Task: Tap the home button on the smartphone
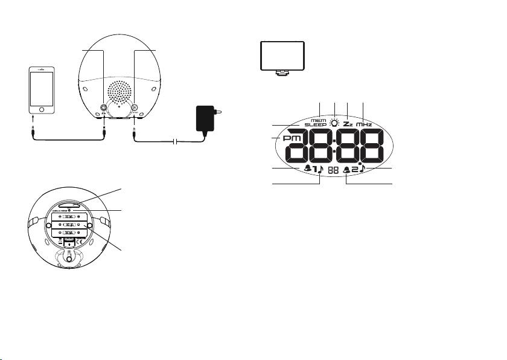[x=42, y=110]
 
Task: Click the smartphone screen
[x=42, y=88]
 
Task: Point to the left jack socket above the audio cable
[x=104, y=110]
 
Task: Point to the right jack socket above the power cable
[x=134, y=109]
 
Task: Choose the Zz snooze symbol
[x=348, y=123]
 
